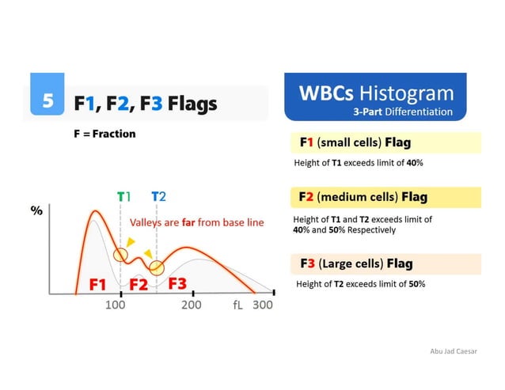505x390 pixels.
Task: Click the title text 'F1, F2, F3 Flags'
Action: (145, 104)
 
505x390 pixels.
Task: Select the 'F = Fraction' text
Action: (104, 134)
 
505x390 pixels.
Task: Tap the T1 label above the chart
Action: (123, 197)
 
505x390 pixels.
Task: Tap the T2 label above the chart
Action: (158, 197)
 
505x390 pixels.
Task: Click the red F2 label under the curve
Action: (139, 283)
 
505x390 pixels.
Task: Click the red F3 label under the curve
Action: (177, 282)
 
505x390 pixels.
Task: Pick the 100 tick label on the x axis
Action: (116, 305)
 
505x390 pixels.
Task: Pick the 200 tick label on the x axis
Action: (192, 305)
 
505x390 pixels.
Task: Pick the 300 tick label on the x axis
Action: (262, 305)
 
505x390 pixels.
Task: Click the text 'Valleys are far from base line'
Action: (196, 222)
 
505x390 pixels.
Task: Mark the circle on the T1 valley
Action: (120, 255)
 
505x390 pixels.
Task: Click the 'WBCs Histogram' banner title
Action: (376, 93)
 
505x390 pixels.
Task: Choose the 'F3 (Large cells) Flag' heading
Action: (356, 263)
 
